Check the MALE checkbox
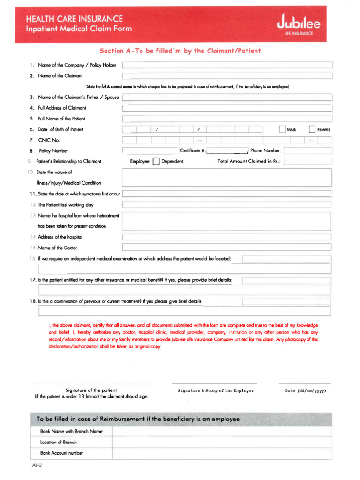point(282,129)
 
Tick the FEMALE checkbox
point(312,129)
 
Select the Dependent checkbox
point(156,162)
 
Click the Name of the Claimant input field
point(227,76)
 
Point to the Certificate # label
point(193,150)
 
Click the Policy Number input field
point(150,150)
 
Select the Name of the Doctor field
point(227,247)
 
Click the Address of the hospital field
point(227,237)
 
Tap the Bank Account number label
point(61,453)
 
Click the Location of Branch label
point(59,442)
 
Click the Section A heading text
point(180,51)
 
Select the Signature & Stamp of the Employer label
point(216,390)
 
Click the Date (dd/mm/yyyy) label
point(305,390)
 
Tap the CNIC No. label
point(49,140)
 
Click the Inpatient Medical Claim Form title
point(79,29)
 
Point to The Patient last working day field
point(227,205)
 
